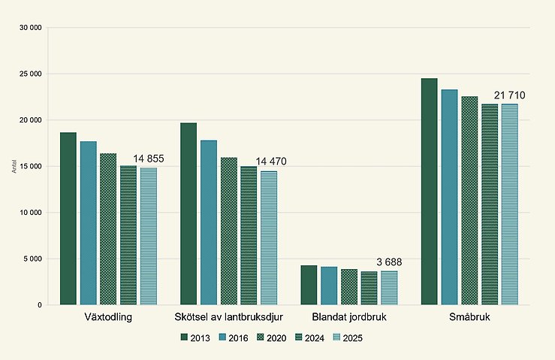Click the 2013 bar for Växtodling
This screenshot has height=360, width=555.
click(x=68, y=219)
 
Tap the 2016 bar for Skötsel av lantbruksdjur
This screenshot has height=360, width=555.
click(x=209, y=222)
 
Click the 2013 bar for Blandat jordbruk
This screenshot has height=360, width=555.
click(x=309, y=285)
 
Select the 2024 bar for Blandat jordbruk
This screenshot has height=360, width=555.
click(x=369, y=288)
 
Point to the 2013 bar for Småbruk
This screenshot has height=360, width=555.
click(x=429, y=192)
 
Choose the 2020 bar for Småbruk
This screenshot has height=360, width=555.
click(x=469, y=201)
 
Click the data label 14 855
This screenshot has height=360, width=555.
click(x=148, y=159)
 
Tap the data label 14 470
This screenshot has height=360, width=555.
click(x=271, y=162)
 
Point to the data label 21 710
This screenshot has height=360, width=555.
click(x=509, y=95)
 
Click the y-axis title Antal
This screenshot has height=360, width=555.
click(x=14, y=166)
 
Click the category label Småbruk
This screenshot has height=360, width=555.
click(x=469, y=317)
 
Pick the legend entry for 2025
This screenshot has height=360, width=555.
click(x=346, y=338)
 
